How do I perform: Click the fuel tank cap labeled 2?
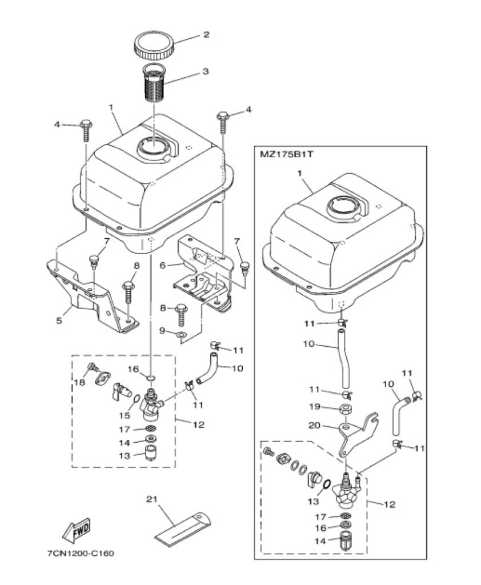[154, 46]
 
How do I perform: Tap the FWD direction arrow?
[77, 530]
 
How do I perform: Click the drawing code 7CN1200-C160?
[80, 553]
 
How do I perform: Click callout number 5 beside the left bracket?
[59, 320]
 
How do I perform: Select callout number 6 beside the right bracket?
[162, 266]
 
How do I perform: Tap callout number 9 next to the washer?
[162, 331]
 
